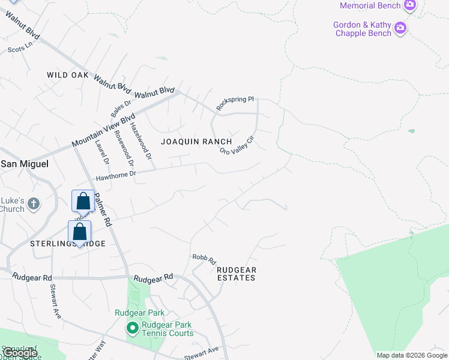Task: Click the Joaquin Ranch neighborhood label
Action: click(196, 142)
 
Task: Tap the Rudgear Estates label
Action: click(236, 274)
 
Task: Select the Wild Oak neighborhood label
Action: click(68, 75)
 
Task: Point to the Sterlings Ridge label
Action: click(67, 244)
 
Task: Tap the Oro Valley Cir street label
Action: click(238, 145)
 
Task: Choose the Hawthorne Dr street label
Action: click(116, 175)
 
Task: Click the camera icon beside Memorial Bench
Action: click(410, 5)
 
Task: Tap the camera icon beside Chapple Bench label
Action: click(400, 28)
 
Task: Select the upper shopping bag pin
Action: click(83, 200)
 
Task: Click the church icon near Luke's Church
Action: click(33, 203)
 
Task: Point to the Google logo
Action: click(20, 353)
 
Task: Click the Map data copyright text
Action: click(412, 355)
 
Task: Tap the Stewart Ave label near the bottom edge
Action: click(201, 354)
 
